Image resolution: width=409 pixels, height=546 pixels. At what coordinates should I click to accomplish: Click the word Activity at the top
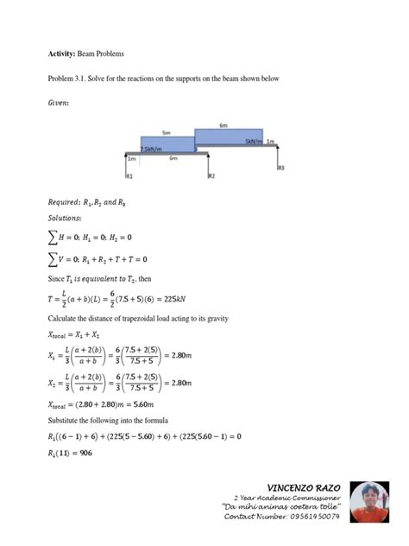[x=48, y=54]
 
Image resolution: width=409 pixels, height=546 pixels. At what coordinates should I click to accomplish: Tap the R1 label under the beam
[x=129, y=176]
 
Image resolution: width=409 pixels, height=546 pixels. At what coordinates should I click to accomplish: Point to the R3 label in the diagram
[x=280, y=168]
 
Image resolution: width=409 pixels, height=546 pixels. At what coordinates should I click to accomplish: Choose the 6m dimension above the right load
[x=223, y=125]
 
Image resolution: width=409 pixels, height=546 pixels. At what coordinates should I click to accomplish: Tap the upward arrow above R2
[x=208, y=163]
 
